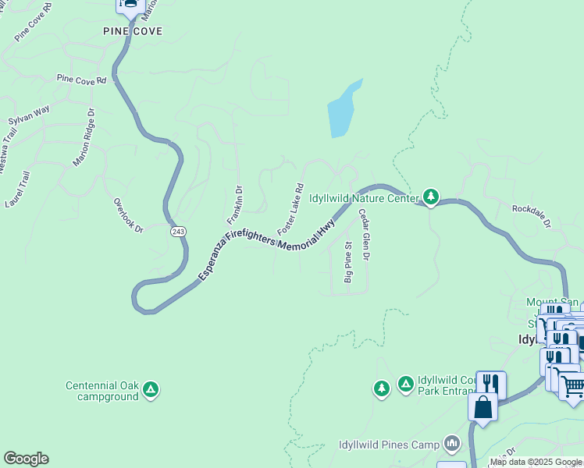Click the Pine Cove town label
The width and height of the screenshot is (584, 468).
click(x=133, y=31)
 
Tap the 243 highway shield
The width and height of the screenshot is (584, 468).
click(x=178, y=232)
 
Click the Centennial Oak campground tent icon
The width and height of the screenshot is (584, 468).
click(x=151, y=388)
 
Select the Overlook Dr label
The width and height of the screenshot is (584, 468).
click(x=129, y=215)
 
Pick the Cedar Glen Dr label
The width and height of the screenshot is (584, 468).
click(x=364, y=234)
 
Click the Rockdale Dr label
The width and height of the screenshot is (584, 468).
click(x=532, y=217)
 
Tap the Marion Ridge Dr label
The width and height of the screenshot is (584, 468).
click(x=84, y=138)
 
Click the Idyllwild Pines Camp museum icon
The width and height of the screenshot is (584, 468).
click(x=452, y=445)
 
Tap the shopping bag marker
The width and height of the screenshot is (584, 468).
click(x=483, y=407)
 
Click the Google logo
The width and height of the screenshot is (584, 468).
click(x=26, y=459)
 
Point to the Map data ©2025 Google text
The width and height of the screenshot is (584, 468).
click(x=536, y=462)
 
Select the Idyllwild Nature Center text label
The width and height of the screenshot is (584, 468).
click(x=365, y=199)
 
